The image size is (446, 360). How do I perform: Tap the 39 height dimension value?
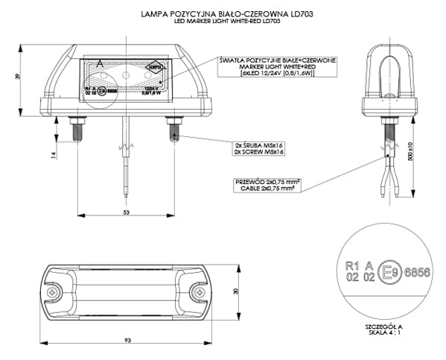[x=17, y=78]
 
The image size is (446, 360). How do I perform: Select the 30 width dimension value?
[x=238, y=292]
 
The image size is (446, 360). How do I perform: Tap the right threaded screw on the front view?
[x=173, y=130]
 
